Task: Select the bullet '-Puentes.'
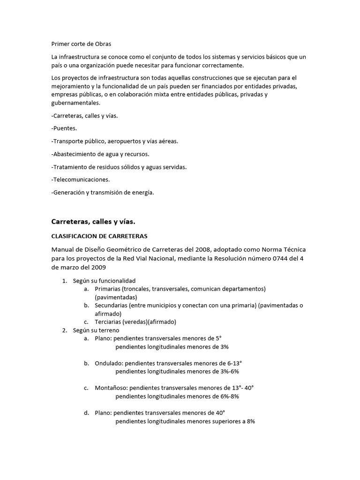(x=64, y=128)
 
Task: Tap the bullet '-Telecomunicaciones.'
(x=80, y=180)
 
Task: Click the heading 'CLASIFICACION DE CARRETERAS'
(x=99, y=236)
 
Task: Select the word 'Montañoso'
(x=111, y=388)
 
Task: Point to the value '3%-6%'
(x=230, y=372)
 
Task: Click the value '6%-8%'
(x=230, y=397)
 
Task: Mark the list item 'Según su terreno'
(x=96, y=330)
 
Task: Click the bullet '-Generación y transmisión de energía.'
(x=102, y=192)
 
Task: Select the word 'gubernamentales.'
(x=75, y=103)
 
